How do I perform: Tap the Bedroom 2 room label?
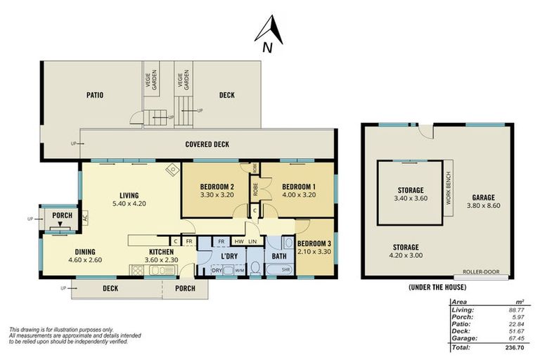pos(217,187)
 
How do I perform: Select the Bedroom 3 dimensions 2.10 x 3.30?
pos(314,252)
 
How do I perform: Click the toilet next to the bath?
pos(255,268)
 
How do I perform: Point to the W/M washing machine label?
pos(239,271)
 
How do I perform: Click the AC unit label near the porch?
pos(85,218)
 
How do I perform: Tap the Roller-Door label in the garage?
pos(481,271)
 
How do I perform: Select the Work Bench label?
pos(448,188)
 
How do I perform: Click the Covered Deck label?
pos(207,144)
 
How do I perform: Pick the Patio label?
pos(95,95)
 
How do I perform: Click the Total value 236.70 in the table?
pos(515,347)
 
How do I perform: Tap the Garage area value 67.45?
pos(517,338)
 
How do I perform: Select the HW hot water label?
pos(239,241)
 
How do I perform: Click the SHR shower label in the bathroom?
pos(286,270)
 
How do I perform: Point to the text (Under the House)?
pos(437,287)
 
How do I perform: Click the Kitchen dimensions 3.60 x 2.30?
pos(161,259)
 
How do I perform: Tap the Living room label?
pos(129,195)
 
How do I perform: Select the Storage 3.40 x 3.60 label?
pos(411,194)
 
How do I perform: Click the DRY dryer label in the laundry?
pos(217,271)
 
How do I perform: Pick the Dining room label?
pos(85,252)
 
